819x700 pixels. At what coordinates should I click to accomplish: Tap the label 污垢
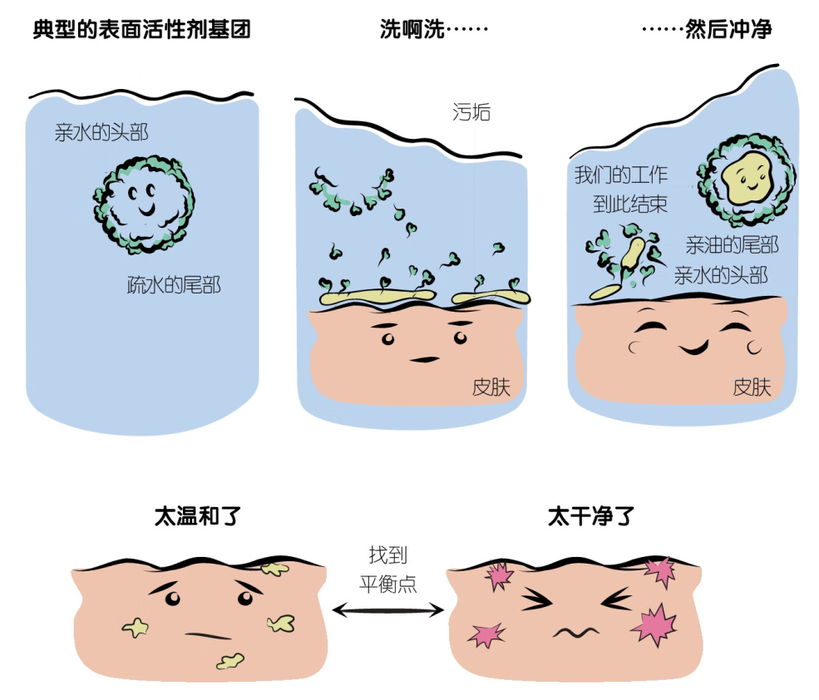pos(471,112)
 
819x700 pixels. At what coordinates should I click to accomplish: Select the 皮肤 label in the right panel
pos(752,387)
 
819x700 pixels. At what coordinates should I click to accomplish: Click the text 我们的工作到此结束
pos(620,190)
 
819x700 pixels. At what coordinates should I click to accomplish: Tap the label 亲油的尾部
pos(732,245)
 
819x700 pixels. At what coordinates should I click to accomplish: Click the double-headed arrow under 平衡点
pos(388,611)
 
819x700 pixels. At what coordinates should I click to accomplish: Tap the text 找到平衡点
pos(388,569)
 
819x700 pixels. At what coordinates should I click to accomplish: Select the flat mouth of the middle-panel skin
pos(425,359)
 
